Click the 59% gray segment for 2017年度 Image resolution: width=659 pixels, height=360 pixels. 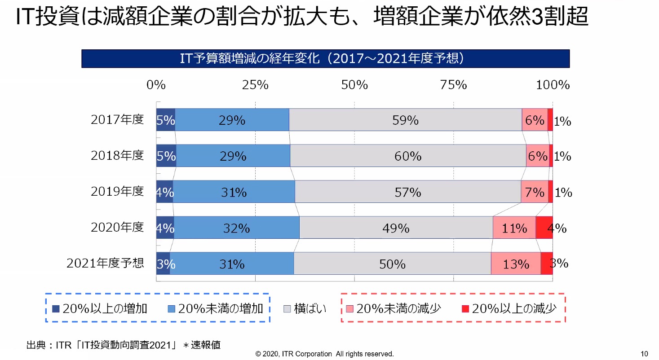[x=405, y=120]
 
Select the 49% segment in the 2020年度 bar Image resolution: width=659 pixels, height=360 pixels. [x=396, y=228]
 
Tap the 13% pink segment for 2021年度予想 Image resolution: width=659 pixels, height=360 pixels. [x=516, y=263]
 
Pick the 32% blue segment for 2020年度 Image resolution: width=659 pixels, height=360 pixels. [x=236, y=228]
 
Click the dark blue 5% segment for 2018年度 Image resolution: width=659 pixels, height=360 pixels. [x=166, y=156]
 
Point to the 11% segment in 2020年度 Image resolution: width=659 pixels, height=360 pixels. [x=514, y=228]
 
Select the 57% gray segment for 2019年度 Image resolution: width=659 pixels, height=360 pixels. [x=408, y=192]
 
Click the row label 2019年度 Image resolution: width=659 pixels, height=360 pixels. [x=117, y=191]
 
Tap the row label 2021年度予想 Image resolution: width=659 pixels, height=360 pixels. [x=105, y=263]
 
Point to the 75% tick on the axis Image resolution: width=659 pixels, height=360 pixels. [x=454, y=85]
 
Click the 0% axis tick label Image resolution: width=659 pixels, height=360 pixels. [x=156, y=85]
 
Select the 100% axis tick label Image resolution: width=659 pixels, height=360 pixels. [x=553, y=85]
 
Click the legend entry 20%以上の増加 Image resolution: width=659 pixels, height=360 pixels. [x=100, y=308]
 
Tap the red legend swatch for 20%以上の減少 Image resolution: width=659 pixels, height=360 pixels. [x=465, y=308]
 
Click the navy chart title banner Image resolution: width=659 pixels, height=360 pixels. [x=325, y=59]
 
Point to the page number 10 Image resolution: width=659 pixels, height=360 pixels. [x=645, y=353]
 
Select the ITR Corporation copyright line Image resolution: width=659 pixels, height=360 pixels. [x=324, y=354]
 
